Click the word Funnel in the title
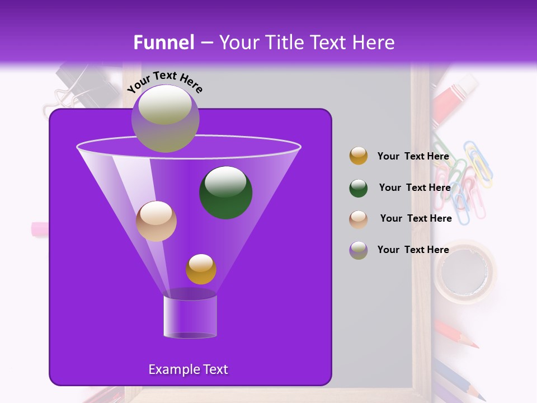tap(164, 43)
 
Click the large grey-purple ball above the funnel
tap(165, 119)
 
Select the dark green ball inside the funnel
tap(225, 193)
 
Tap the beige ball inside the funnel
tap(156, 221)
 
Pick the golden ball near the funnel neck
tap(201, 269)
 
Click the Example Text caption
tap(188, 369)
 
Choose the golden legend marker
tap(359, 156)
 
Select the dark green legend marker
tap(359, 188)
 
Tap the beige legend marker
tap(359, 219)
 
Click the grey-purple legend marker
tap(359, 250)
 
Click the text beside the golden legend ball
tap(413, 157)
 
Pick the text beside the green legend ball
tap(414, 188)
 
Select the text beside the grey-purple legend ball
tap(413, 250)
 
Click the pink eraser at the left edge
tap(39, 229)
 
